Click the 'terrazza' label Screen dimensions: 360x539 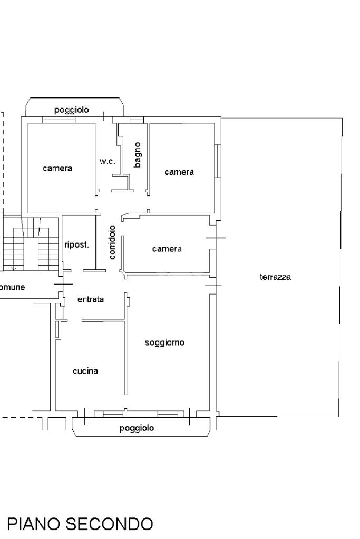[275, 277]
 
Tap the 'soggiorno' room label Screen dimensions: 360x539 [164, 342]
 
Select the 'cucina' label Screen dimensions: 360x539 [85, 371]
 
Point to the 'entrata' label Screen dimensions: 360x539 [91, 299]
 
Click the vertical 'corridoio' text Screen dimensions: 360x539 [112, 242]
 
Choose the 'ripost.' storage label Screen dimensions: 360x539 [76, 245]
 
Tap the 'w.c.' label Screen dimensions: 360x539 [108, 161]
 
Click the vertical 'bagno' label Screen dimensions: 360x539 [137, 155]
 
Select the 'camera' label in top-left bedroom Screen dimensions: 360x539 [57, 168]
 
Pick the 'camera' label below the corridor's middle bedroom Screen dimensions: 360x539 [167, 249]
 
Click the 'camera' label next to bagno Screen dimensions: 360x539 [179, 172]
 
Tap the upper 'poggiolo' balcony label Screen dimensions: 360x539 [72, 110]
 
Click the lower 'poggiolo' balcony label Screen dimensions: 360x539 [137, 428]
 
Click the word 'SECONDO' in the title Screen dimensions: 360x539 [109, 524]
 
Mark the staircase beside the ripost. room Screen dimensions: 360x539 [31, 244]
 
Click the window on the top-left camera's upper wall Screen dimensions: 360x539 [59, 120]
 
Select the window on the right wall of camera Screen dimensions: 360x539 [217, 161]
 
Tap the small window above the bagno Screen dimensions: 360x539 [137, 120]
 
